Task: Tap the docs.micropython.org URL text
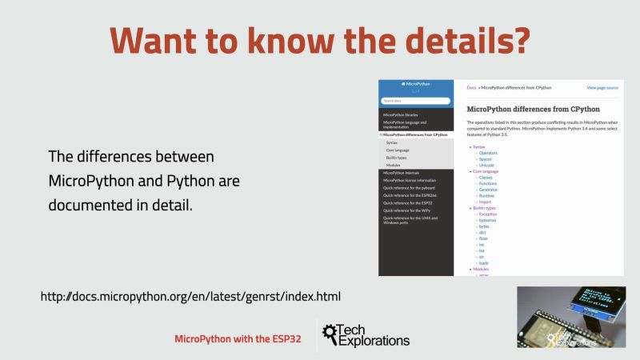click(x=190, y=297)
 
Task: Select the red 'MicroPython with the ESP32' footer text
click(x=238, y=339)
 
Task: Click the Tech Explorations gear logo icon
click(x=329, y=337)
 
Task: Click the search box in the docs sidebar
click(x=415, y=101)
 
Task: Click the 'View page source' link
click(x=602, y=87)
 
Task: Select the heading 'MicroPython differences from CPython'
click(x=533, y=108)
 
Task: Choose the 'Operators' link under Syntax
click(x=488, y=153)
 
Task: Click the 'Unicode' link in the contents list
click(x=486, y=165)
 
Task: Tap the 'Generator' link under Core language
click(x=489, y=190)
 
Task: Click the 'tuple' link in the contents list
click(x=484, y=262)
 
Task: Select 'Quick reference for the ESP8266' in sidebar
click(x=410, y=195)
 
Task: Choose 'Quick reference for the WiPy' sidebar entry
click(x=407, y=210)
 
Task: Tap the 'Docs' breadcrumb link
click(x=471, y=87)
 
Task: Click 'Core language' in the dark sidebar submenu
click(x=398, y=150)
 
